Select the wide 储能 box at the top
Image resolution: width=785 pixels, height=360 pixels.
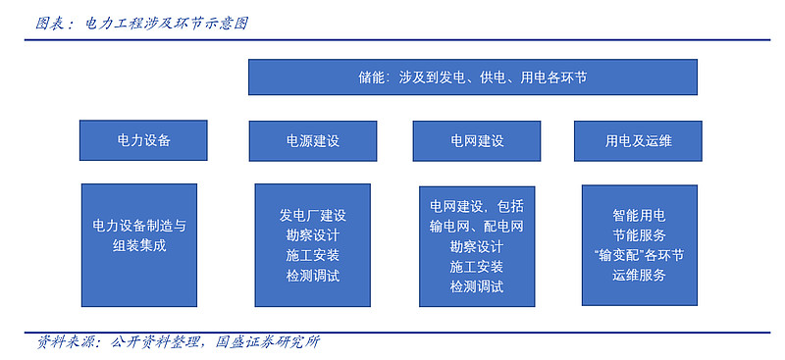coord(472,77)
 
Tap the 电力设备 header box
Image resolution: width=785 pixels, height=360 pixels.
coord(143,140)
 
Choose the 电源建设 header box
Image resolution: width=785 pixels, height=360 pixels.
coord(312,141)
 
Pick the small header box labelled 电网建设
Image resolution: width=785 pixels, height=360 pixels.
coord(476,141)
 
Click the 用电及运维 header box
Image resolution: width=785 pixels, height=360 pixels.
coord(638,141)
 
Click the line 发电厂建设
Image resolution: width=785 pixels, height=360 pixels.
coord(312,215)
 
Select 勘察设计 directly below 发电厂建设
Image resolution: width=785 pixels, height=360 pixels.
coord(312,235)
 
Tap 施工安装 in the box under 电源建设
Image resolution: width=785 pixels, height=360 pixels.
coord(312,256)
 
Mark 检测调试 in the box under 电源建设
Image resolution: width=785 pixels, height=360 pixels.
coord(312,277)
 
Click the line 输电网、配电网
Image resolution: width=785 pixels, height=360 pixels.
coord(476,227)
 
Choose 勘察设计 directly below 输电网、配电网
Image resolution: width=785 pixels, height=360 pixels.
coord(476,246)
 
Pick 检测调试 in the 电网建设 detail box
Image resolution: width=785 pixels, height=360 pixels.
coord(476,286)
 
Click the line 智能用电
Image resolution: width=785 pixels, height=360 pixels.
coord(639,215)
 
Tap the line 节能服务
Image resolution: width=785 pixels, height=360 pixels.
coord(639,235)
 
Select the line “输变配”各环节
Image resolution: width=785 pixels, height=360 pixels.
coord(639,256)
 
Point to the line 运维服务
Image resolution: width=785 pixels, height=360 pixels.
coord(639,276)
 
